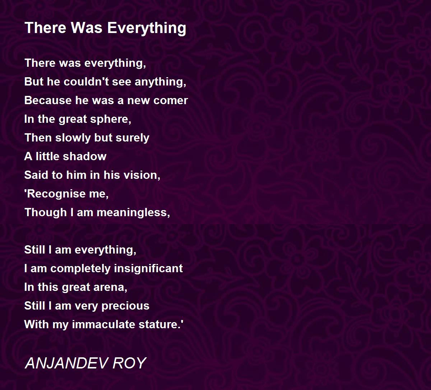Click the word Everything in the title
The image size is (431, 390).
coord(147,28)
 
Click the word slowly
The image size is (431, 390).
coord(73,138)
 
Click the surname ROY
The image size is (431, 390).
coord(130,363)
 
